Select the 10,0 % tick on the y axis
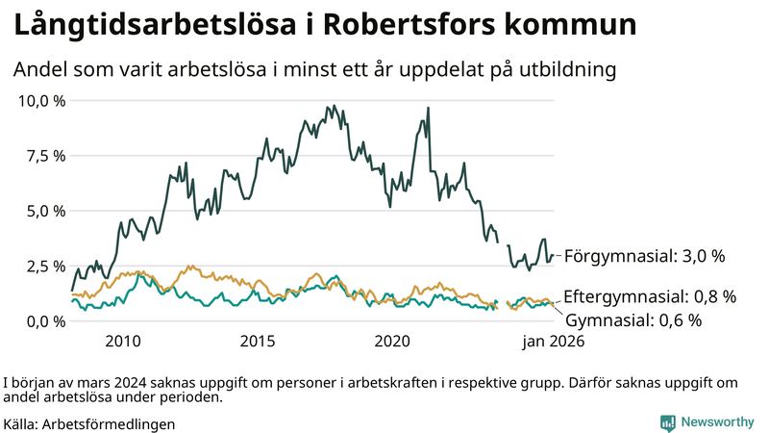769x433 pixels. pyautogui.click(x=40, y=101)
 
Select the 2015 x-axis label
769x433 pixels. pyautogui.click(x=258, y=342)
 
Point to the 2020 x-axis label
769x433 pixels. pyautogui.click(x=392, y=342)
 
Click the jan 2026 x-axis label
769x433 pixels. pyautogui.click(x=553, y=342)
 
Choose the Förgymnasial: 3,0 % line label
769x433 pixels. pyautogui.click(x=644, y=256)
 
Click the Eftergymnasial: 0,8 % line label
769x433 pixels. pyautogui.click(x=650, y=296)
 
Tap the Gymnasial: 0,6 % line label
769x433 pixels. pyautogui.click(x=633, y=319)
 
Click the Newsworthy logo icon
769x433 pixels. pyautogui.click(x=667, y=422)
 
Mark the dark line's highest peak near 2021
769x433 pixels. pyautogui.click(x=428, y=109)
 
